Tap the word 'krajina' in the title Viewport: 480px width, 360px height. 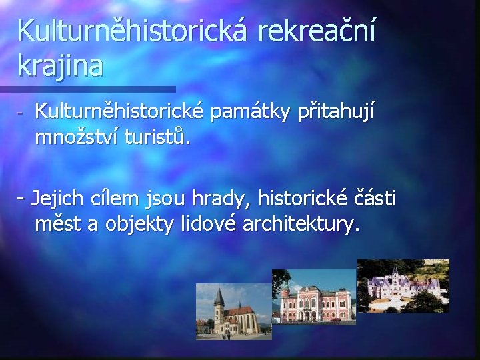(61, 66)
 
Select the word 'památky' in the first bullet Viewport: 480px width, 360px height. (249, 114)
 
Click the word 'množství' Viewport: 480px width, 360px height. (73, 138)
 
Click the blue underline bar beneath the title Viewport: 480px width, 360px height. (87, 89)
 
